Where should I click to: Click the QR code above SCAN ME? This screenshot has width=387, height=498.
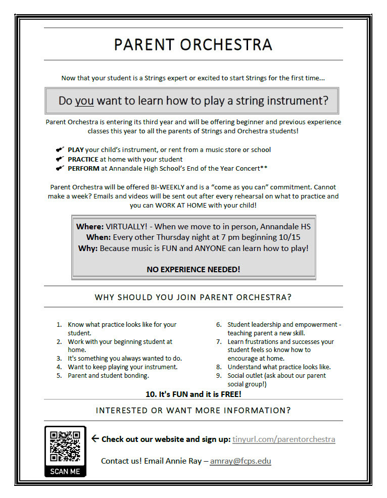65,446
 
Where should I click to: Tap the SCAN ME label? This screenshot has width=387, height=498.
65,471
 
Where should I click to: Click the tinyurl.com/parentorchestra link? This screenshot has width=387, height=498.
283,439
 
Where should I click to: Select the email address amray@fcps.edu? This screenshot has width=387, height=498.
240,461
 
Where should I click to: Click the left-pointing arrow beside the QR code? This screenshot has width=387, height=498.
94,438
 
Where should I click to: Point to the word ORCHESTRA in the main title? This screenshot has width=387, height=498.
226,44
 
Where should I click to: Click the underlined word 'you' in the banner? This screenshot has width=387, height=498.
84,101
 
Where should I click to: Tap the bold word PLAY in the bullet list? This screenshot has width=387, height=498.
76,150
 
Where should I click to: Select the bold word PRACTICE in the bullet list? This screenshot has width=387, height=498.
83,159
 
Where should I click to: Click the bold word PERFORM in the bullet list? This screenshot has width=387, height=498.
83,169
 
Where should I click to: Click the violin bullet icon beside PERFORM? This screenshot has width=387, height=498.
60,168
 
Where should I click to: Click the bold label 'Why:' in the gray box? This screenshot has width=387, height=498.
88,248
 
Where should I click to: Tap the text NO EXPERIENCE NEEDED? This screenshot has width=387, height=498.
193,269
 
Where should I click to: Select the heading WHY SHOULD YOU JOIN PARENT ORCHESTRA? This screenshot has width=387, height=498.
193,297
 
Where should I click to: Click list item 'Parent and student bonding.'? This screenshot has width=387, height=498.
108,376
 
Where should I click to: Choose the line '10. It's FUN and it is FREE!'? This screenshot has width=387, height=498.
193,394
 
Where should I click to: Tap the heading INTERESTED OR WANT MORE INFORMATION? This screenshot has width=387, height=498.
193,410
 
